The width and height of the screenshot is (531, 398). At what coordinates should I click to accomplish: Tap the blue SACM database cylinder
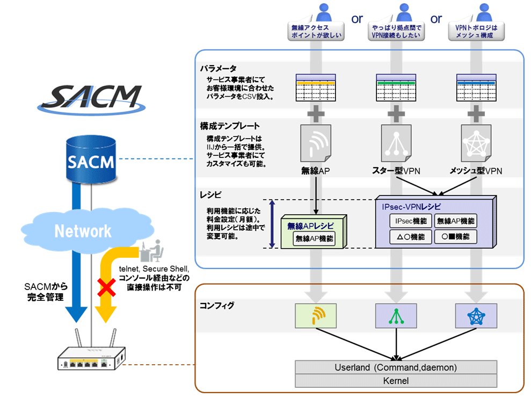point(91,160)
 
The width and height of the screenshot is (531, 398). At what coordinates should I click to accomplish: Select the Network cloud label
point(83,231)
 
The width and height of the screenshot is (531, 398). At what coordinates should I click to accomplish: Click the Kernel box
point(396,380)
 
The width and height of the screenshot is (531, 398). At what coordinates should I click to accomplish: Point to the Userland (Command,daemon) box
point(396,367)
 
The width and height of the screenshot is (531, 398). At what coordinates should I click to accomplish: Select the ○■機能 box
point(455,236)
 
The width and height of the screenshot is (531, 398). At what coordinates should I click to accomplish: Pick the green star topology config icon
point(396,316)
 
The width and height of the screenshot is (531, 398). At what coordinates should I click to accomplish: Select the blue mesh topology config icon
point(475,316)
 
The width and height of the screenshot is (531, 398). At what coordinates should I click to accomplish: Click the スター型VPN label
point(396,171)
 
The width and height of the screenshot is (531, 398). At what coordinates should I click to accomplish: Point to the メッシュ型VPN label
point(475,171)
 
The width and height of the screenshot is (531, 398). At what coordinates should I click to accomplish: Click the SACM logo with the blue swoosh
point(92,98)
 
